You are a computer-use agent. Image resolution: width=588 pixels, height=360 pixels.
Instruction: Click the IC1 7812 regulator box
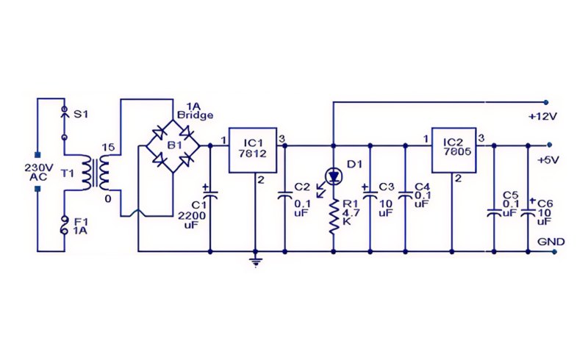253,150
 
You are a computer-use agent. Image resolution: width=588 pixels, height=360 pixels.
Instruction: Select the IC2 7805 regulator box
454,150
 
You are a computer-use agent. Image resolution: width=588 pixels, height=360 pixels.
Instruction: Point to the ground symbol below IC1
255,262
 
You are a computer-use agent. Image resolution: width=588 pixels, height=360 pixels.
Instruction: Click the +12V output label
542,117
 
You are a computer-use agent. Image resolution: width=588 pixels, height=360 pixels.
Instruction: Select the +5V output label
548,160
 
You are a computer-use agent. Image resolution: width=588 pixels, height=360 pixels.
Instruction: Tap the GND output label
551,242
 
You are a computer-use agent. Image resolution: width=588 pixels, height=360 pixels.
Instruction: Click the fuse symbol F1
65,226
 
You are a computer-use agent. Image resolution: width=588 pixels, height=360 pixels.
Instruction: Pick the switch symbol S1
64,123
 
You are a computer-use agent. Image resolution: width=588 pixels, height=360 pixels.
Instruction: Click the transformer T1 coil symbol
96,173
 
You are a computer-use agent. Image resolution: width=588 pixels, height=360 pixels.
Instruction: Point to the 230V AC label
39,172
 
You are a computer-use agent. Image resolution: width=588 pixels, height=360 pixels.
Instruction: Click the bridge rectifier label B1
174,145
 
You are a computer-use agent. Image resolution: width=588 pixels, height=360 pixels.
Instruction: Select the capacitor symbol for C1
209,195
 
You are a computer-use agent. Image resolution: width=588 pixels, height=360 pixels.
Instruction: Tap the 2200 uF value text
192,220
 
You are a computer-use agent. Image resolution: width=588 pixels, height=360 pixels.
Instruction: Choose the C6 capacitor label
545,204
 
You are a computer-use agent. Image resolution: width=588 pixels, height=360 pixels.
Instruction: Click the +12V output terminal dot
545,101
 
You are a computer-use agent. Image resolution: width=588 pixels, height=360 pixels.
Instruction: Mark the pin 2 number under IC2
458,179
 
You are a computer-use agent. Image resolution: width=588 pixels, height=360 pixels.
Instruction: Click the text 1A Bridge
195,111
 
